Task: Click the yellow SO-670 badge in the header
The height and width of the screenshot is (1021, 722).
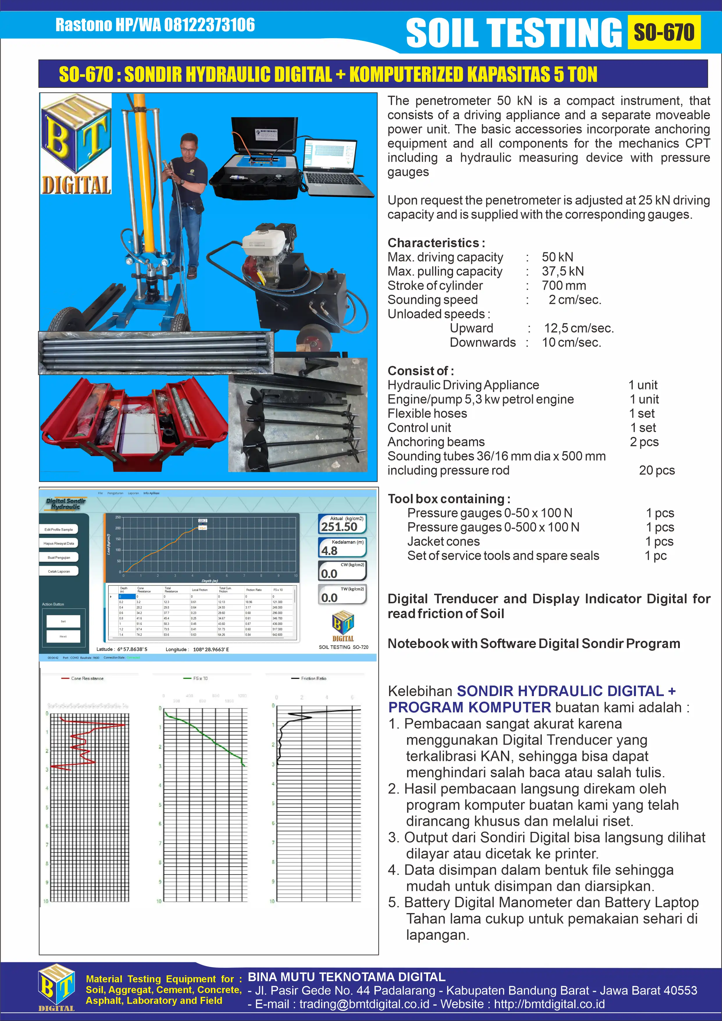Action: point(664,32)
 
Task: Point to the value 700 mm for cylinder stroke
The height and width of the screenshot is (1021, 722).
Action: point(564,285)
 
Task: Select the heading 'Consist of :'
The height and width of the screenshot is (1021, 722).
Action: point(420,371)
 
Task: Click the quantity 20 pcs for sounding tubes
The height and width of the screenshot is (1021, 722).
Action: point(657,470)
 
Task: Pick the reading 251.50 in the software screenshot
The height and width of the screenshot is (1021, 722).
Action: point(339,527)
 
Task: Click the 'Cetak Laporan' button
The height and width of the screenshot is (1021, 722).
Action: point(59,571)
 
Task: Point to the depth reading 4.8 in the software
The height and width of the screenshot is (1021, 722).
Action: point(329,551)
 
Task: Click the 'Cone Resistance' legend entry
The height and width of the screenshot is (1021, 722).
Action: point(87,679)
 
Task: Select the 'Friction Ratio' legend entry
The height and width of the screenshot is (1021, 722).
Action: point(313,679)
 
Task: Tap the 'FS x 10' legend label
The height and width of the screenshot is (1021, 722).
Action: point(200,679)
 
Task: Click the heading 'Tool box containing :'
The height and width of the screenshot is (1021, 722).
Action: point(449,499)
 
